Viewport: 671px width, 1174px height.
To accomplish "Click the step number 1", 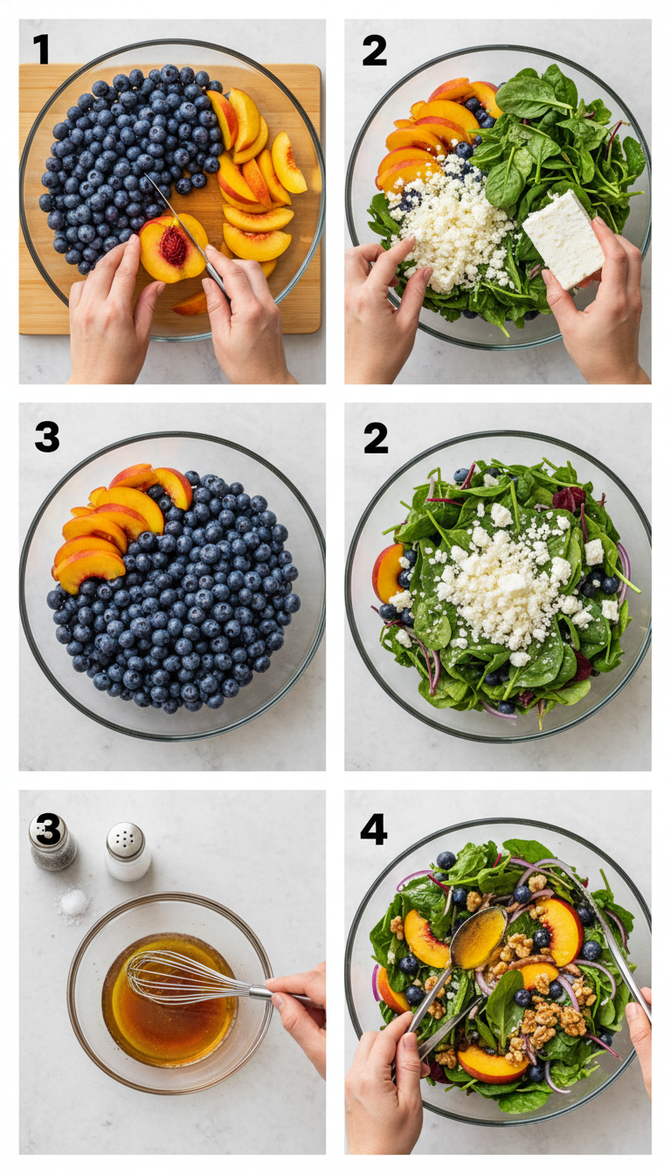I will click(41, 50).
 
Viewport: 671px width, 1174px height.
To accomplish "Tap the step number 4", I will click(374, 829).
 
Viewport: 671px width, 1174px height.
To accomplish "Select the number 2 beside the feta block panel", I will click(374, 52).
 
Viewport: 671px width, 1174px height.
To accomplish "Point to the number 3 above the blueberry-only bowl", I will click(47, 436).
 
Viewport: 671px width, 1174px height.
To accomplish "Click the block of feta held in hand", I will click(563, 238).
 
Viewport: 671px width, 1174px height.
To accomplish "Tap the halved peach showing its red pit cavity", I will click(171, 247).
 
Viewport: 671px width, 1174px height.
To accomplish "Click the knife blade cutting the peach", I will click(179, 218).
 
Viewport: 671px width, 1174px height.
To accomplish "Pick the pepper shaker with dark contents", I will click(52, 840).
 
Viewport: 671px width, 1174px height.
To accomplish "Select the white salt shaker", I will click(128, 852).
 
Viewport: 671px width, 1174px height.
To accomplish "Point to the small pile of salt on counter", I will click(74, 902).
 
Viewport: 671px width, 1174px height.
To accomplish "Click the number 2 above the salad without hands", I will click(376, 437).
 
